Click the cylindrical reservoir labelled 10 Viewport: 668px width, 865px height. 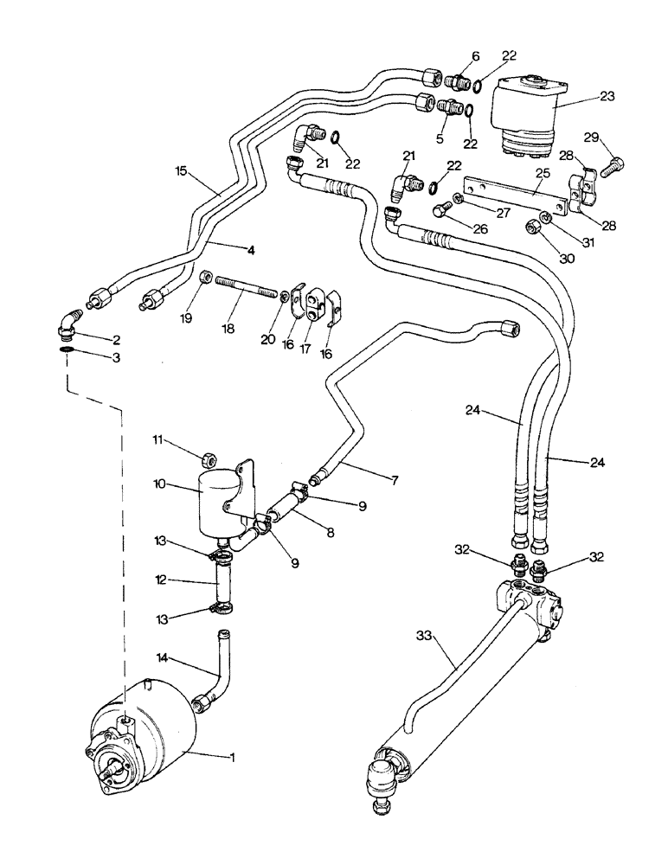point(215,503)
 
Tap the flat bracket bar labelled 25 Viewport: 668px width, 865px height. point(515,196)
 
